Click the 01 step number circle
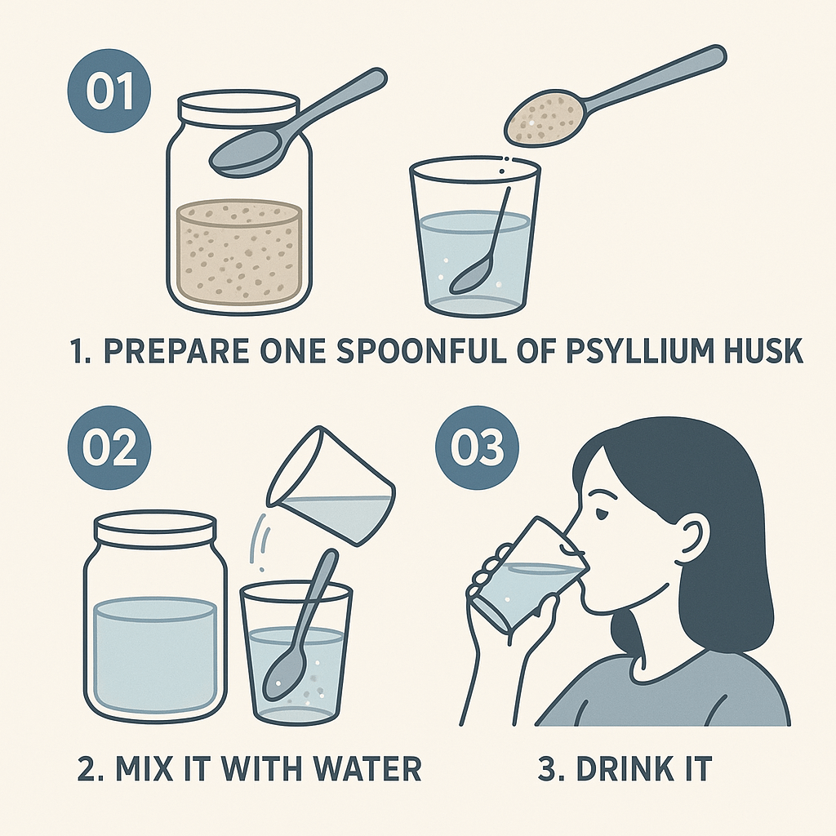click(109, 91)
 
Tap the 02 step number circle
click(109, 448)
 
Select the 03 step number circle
click(477, 448)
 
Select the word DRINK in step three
click(619, 768)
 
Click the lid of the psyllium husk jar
click(238, 110)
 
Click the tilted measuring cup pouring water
click(331, 485)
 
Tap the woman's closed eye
click(603, 513)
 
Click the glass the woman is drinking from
click(528, 576)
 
